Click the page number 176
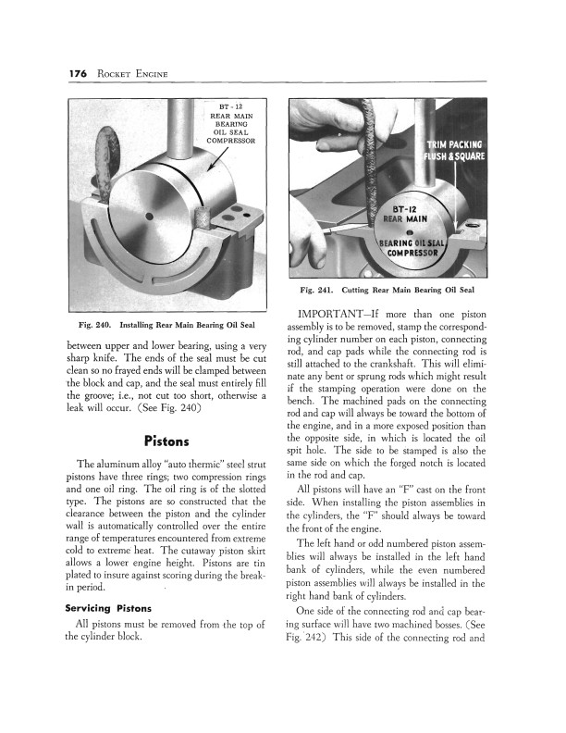point(78,74)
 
